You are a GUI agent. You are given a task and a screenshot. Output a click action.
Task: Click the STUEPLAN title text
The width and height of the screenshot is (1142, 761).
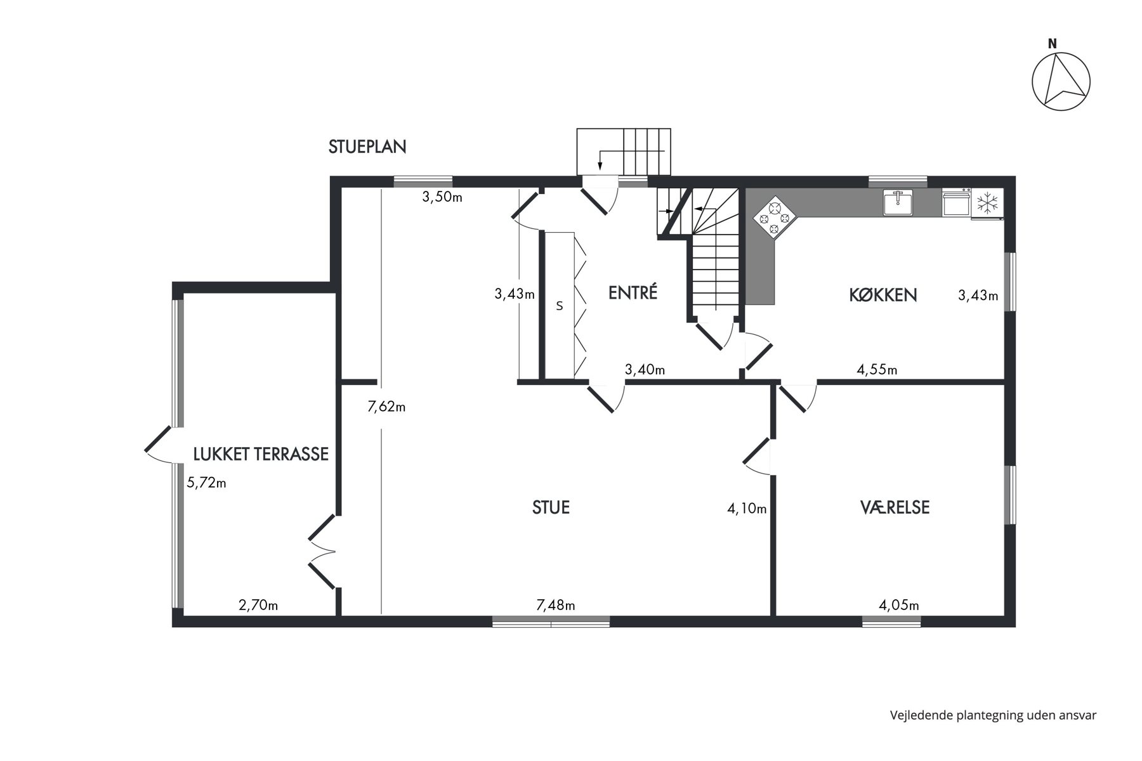pyautogui.click(x=367, y=147)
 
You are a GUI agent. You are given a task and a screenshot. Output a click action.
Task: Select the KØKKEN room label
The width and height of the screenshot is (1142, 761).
pyautogui.click(x=883, y=295)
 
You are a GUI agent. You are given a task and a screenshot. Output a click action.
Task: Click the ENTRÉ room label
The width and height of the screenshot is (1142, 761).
pyautogui.click(x=633, y=292)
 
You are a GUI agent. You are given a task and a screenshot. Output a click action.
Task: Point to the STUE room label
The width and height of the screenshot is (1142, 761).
pyautogui.click(x=551, y=507)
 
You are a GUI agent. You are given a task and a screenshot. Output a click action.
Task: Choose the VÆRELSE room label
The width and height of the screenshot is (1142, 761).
pyautogui.click(x=895, y=507)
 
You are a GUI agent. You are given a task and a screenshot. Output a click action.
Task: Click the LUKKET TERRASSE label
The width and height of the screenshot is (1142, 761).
pyautogui.click(x=261, y=454)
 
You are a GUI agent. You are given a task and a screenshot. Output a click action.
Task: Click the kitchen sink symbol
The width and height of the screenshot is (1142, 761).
pyautogui.click(x=898, y=202)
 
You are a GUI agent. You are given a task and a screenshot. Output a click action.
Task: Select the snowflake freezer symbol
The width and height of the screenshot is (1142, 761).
pyautogui.click(x=987, y=204)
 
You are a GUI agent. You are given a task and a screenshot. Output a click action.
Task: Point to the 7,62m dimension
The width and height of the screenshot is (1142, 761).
pyautogui.click(x=386, y=407)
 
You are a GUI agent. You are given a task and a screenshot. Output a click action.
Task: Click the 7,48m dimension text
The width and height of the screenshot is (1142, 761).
pyautogui.click(x=556, y=606)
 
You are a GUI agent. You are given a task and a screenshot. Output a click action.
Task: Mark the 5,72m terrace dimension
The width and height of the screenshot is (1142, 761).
pyautogui.click(x=206, y=483)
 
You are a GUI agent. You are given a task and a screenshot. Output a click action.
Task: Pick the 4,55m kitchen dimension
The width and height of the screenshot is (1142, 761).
pyautogui.click(x=877, y=370)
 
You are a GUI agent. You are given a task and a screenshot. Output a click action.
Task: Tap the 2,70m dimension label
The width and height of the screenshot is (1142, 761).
pyautogui.click(x=258, y=606)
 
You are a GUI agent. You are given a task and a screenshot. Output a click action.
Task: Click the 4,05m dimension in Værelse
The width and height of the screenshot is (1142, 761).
pyautogui.click(x=899, y=606)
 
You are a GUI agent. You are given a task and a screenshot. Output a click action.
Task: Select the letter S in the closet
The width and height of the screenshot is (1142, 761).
pyautogui.click(x=560, y=306)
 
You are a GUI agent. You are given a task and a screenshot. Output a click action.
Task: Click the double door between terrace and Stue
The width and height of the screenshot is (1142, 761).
pyautogui.click(x=322, y=551)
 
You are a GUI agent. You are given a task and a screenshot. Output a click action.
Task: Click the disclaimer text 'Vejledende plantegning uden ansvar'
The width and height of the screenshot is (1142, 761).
pyautogui.click(x=993, y=715)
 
